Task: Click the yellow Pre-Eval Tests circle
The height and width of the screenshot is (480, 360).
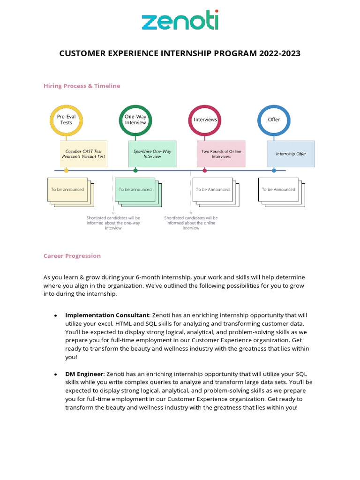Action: tap(66, 120)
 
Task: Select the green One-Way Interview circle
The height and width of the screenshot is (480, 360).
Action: tap(135, 120)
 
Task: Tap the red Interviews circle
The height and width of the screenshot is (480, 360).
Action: tap(205, 120)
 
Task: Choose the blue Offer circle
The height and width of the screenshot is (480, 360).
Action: tap(274, 120)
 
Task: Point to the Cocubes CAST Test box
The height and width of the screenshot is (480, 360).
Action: tap(84, 154)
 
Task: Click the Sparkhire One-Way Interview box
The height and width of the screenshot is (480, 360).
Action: tap(152, 154)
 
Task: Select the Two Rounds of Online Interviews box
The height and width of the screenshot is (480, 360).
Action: tap(221, 154)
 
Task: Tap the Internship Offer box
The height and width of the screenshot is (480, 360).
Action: tap(291, 154)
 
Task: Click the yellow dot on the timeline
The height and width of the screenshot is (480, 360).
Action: tap(66, 170)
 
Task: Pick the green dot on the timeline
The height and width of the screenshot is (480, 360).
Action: tap(135, 170)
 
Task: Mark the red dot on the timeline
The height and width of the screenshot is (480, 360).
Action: tap(205, 170)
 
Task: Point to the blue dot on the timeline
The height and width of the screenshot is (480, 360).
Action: tap(274, 170)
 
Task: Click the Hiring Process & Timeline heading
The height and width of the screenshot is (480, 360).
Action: tap(82, 86)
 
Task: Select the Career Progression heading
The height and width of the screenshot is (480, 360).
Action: tap(72, 256)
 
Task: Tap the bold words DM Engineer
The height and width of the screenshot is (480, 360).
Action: tap(84, 374)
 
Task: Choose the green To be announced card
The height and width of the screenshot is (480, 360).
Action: tap(135, 189)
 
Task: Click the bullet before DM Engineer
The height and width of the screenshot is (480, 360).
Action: tap(56, 374)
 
